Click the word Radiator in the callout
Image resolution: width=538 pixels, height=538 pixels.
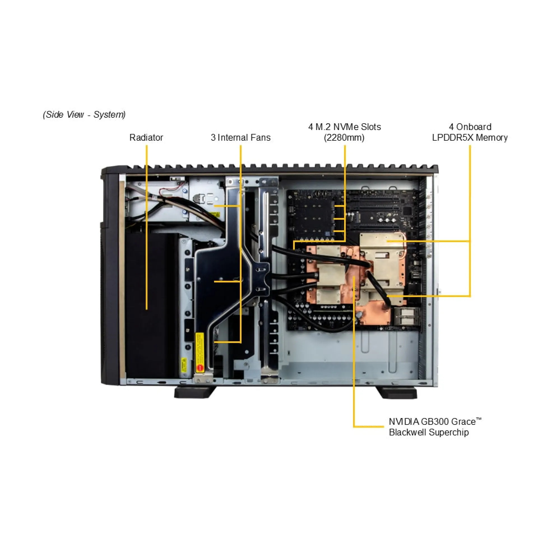coord(146,137)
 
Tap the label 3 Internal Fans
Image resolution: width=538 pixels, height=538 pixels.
coord(241,137)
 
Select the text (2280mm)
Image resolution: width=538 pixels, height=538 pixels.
coord(344,138)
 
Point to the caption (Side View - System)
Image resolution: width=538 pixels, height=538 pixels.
coord(84,114)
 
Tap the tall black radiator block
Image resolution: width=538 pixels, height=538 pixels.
coord(152,305)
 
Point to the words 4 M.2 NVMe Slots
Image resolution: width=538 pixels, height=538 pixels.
coord(345,127)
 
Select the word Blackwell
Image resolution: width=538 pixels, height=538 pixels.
coord(408,432)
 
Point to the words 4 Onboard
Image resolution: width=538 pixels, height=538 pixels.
coord(470,127)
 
